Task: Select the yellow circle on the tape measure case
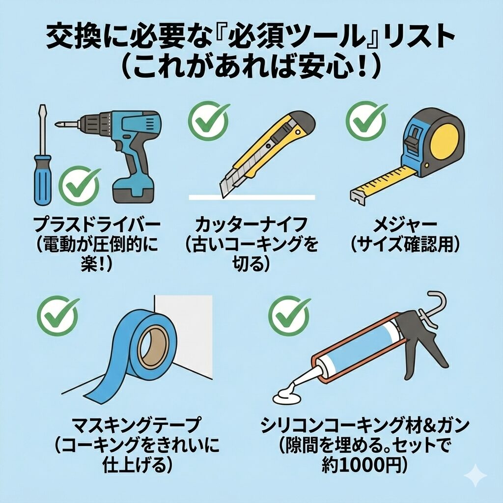click(x=445, y=142)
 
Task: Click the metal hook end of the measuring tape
click(x=357, y=197)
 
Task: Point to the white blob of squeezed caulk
click(x=287, y=395)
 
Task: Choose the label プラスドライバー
click(x=97, y=224)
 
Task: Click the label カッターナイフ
click(x=251, y=224)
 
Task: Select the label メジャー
click(x=405, y=224)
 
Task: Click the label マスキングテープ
click(x=137, y=425)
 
